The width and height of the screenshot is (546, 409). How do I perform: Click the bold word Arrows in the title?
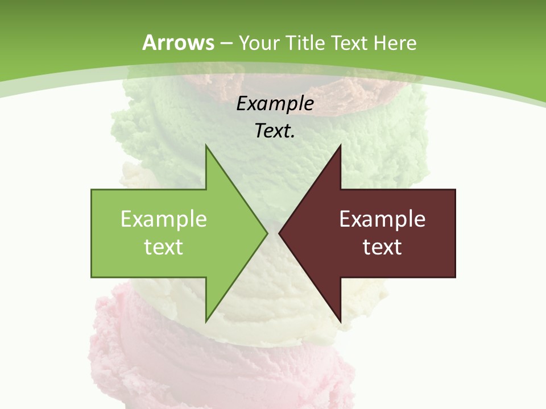click(178, 43)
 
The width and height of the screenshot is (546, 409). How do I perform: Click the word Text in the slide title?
click(350, 43)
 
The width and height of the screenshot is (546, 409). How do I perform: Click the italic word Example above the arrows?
click(275, 103)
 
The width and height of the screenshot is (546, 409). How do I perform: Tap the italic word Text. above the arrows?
click(275, 131)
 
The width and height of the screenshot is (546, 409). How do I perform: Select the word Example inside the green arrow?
click(164, 219)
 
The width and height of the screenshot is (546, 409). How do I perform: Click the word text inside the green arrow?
click(164, 247)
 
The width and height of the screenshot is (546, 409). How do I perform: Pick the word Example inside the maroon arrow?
click(382, 219)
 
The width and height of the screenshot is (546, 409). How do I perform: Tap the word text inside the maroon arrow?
click(382, 247)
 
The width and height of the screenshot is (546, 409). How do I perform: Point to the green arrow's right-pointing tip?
click(267, 233)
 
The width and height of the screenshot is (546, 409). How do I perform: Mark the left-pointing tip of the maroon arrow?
click(280, 233)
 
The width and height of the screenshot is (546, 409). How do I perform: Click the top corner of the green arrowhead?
click(206, 146)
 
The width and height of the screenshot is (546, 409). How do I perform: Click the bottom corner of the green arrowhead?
click(206, 321)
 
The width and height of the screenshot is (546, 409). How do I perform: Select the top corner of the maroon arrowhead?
click(340, 146)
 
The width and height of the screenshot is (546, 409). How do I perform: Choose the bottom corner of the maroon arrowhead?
click(340, 321)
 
